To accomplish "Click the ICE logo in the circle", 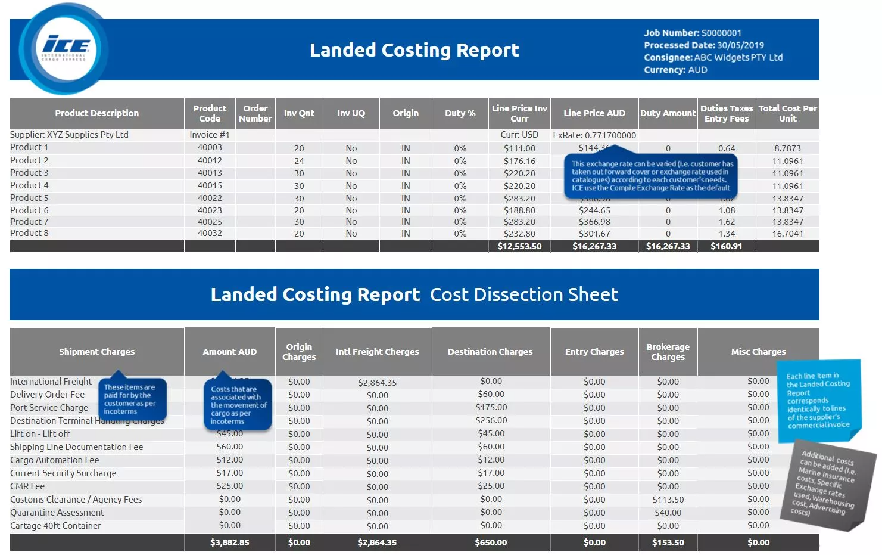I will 64,48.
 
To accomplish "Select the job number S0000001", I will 721,33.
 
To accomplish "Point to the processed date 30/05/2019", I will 740,45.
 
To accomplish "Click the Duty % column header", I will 460,113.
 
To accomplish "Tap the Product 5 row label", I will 29,198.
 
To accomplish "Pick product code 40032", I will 210,233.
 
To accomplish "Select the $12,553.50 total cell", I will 519,246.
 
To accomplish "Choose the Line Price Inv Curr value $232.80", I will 519,234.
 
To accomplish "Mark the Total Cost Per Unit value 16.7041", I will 787,234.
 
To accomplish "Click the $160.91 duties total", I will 726,246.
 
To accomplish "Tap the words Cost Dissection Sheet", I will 523,294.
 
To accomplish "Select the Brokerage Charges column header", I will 668,352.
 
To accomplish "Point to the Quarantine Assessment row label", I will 57,513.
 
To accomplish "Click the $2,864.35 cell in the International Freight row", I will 377,383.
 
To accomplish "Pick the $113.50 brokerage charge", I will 668,500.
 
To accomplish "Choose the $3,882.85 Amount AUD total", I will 229,542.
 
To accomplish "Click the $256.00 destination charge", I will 491,420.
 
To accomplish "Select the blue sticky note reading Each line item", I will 818,401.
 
